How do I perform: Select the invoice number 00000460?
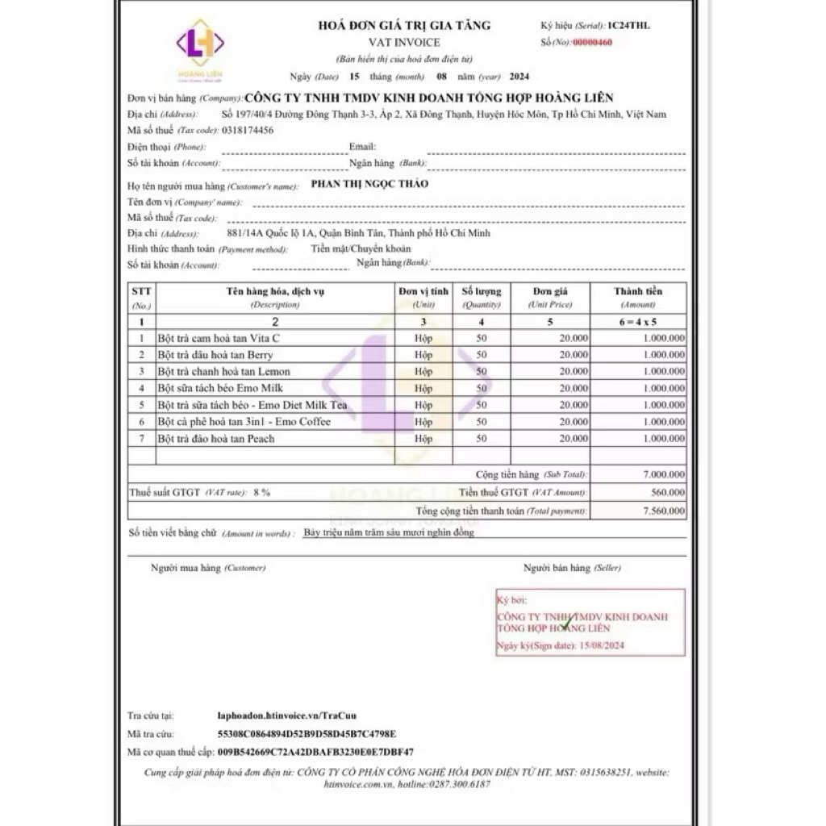click(593, 42)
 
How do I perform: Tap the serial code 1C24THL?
click(630, 25)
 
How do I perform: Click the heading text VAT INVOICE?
click(404, 42)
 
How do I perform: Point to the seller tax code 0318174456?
click(247, 130)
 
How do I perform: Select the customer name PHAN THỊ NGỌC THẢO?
click(370, 185)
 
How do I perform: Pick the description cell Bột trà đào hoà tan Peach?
click(216, 439)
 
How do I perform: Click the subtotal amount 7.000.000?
click(664, 474)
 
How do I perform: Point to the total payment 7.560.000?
click(664, 511)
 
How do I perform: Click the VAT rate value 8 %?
click(261, 492)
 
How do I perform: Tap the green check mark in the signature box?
click(569, 622)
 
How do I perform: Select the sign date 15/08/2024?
click(603, 646)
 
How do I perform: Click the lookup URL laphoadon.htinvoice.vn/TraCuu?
click(287, 715)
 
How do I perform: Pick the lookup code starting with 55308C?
click(307, 733)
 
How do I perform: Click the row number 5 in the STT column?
click(142, 405)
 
